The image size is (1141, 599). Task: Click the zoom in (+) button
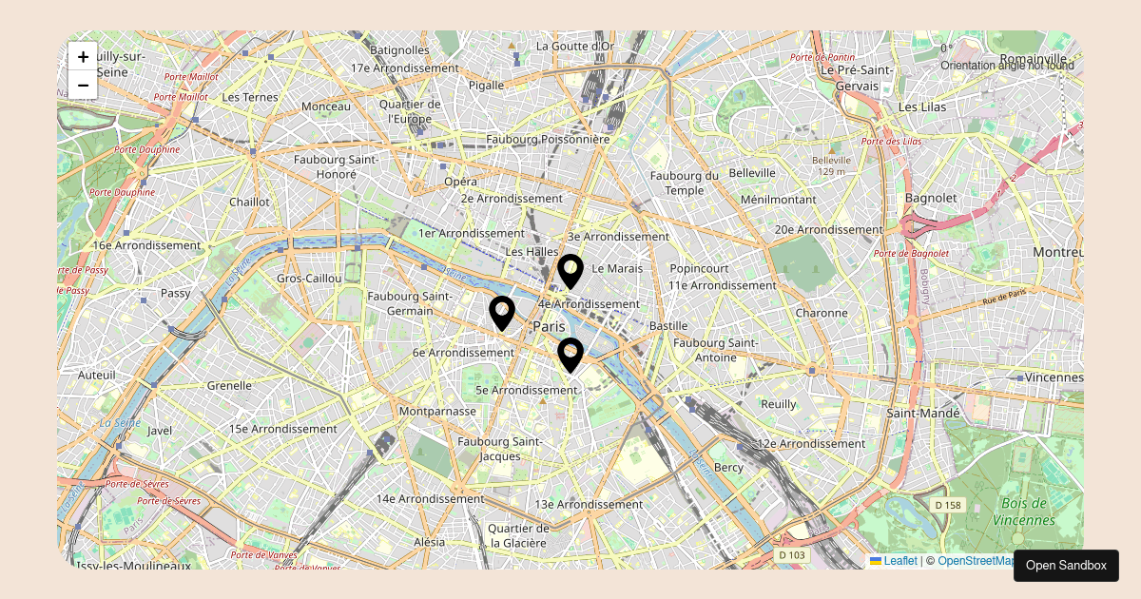(83, 56)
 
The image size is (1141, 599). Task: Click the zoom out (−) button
(83, 86)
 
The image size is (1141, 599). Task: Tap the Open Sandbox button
(1066, 565)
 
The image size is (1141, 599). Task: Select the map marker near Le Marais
(570, 271)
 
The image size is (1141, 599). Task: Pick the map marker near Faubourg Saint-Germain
(502, 313)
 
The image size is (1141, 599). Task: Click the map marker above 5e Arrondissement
(570, 355)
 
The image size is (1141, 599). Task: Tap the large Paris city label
(549, 326)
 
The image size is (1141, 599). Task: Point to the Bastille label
(667, 325)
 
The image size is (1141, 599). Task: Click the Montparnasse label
(437, 411)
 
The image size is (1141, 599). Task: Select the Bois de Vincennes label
(1023, 512)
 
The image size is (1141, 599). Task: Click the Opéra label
(460, 181)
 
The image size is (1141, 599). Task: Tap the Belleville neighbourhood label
(752, 173)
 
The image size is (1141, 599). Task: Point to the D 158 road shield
(947, 505)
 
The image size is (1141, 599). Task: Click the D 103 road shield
(791, 554)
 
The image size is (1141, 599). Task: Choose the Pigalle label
(486, 85)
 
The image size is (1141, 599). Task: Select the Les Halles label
(532, 251)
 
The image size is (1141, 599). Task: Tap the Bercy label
(728, 467)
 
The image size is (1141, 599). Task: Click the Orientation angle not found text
(1007, 66)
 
